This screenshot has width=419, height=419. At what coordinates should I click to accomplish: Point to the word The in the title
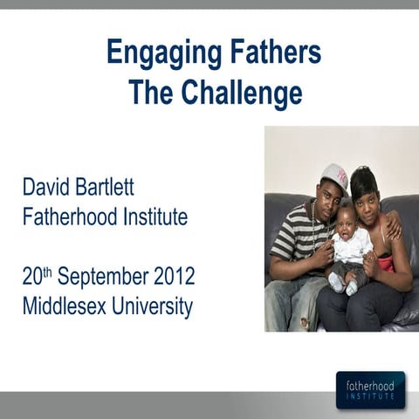150,92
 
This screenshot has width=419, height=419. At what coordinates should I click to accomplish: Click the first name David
52,186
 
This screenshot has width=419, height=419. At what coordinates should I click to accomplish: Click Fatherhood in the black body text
71,217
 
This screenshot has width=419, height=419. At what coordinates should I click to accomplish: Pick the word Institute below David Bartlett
155,217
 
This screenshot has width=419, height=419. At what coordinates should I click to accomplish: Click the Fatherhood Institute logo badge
370,389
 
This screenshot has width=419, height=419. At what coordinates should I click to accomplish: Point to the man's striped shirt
293,240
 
